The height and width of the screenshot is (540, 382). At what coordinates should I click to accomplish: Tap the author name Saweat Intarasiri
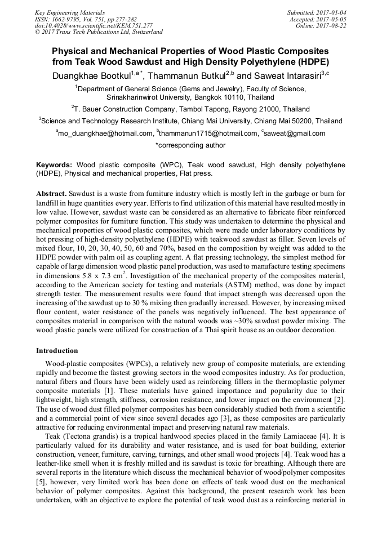coord(286,75)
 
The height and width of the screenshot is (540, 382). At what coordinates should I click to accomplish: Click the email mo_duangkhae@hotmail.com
coord(105,133)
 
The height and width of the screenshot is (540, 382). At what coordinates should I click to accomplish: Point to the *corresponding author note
coord(190,145)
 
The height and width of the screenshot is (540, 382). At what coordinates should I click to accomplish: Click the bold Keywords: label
coord(54,165)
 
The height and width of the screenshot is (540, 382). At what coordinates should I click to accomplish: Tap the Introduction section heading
coord(57,351)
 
